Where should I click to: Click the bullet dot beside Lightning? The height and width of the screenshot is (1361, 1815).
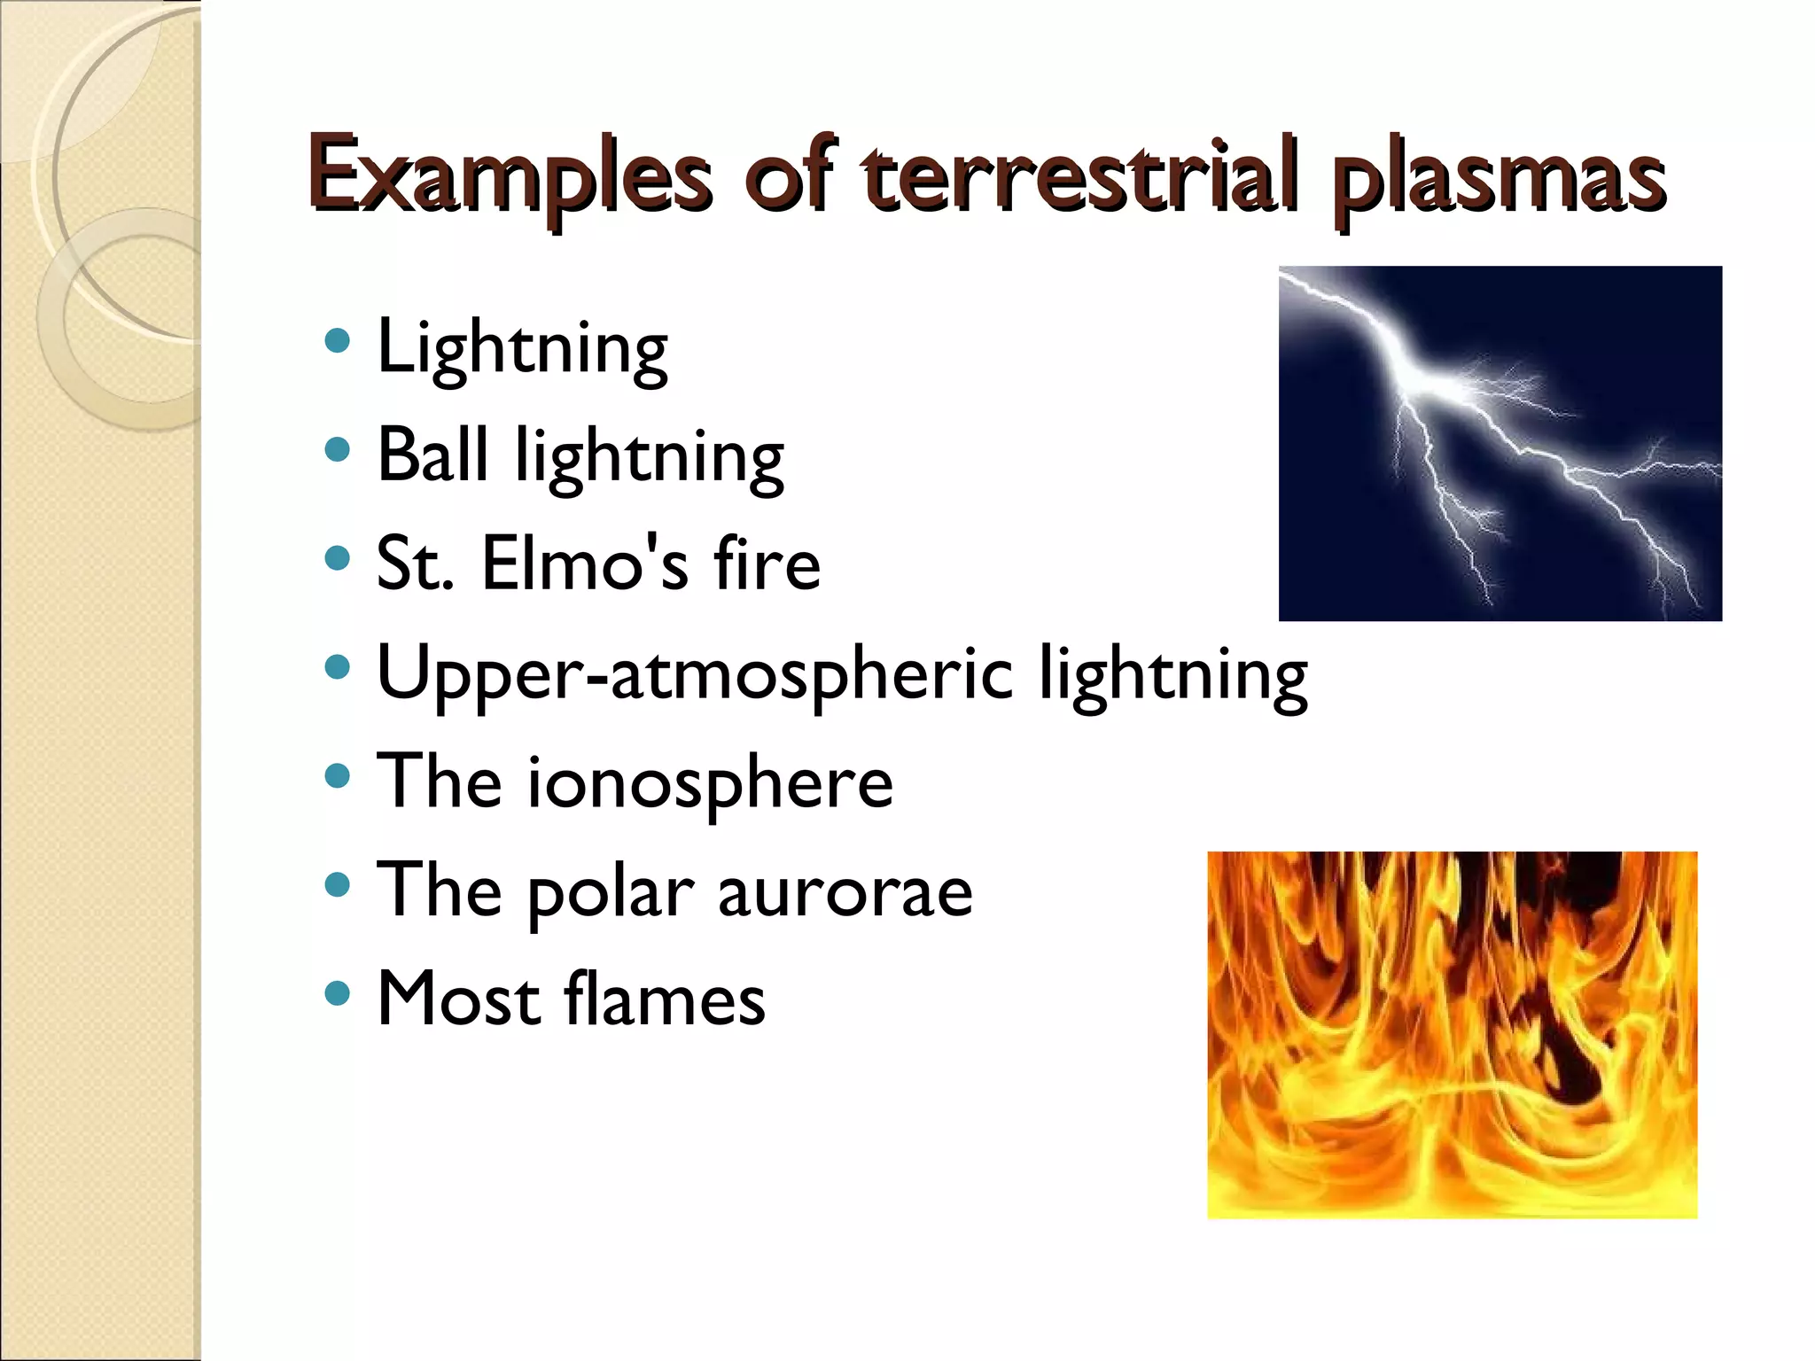coord(337,342)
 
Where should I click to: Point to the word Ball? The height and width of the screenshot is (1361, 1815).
coord(432,454)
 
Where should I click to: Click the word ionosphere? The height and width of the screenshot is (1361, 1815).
coord(710,782)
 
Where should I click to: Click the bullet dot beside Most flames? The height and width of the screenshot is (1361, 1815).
coord(337,993)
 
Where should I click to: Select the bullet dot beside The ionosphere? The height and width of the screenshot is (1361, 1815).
coord(337,777)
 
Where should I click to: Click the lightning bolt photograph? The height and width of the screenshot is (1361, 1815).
coord(1500,443)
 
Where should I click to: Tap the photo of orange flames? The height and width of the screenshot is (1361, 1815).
coord(1452,1034)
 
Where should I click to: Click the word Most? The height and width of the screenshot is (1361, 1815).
coord(457,999)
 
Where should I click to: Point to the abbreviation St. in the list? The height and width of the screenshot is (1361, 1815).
coord(414,564)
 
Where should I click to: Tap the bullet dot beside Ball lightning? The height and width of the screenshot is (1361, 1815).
coord(337,450)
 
